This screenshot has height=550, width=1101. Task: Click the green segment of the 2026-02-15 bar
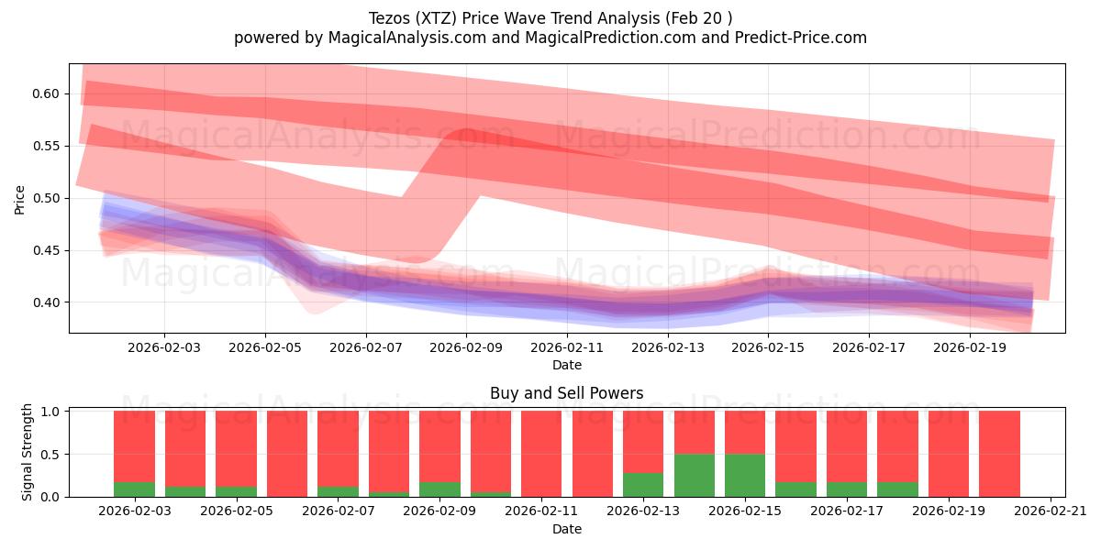pyautogui.click(x=745, y=475)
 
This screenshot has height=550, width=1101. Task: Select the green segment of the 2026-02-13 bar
pyautogui.click(x=643, y=485)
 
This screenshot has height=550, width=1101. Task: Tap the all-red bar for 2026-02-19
pyautogui.click(x=949, y=454)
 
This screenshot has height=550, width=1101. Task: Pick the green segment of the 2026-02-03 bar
pyautogui.click(x=134, y=489)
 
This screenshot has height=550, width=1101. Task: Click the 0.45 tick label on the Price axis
pyautogui.click(x=47, y=250)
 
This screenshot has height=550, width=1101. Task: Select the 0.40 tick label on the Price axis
pyautogui.click(x=47, y=302)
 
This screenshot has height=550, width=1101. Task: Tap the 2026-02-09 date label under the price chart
pyautogui.click(x=466, y=347)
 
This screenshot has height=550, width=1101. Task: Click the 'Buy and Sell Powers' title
pyautogui.click(x=566, y=393)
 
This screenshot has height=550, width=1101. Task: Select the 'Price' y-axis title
pyautogui.click(x=20, y=199)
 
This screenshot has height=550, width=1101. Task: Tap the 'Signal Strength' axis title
pyautogui.click(x=28, y=452)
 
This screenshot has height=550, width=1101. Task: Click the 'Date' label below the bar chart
pyautogui.click(x=566, y=529)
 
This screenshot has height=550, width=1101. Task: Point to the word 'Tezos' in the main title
pyautogui.click(x=390, y=18)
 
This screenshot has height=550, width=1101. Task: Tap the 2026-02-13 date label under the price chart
pyautogui.click(x=668, y=347)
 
